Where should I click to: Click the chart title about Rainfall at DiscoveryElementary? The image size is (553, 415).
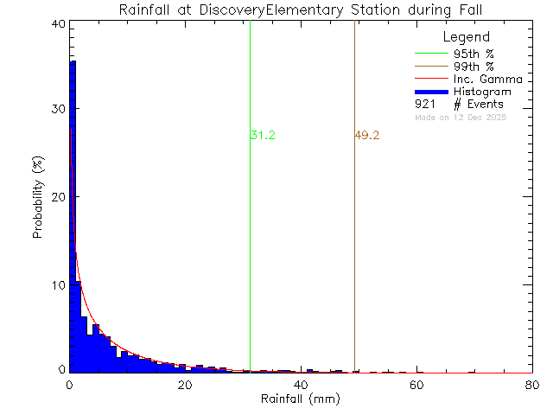[x=300, y=10]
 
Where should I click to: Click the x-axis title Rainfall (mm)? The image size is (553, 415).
[x=300, y=400]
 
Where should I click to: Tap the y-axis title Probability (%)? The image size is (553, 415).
[x=39, y=197]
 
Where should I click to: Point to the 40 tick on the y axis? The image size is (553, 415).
[x=56, y=24]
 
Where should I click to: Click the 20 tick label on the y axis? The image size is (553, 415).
[x=56, y=197]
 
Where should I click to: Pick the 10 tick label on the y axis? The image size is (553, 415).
[x=56, y=285]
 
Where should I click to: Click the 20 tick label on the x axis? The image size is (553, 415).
[x=185, y=386]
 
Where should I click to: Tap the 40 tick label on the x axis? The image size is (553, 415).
[x=301, y=386]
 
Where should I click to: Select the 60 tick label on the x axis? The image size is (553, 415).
[x=416, y=386]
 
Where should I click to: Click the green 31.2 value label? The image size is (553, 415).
[x=263, y=136]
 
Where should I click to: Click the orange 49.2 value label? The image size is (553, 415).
[x=367, y=136]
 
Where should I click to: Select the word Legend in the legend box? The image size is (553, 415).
[x=467, y=37]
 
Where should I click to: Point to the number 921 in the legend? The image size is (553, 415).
[x=424, y=104]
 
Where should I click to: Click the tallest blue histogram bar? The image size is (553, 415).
[x=73, y=216]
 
